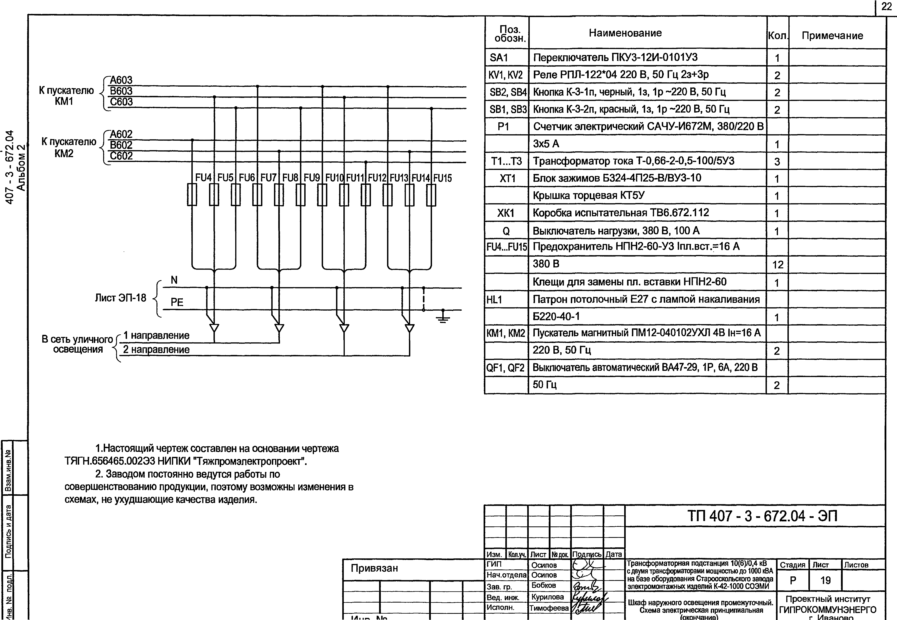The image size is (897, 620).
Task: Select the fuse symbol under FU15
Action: pyautogui.click(x=431, y=195)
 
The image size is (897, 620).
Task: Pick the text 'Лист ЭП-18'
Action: pyautogui.click(x=121, y=298)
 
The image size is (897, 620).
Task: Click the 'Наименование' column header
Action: pyautogui.click(x=625, y=33)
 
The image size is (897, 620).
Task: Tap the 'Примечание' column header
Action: pyautogui.click(x=832, y=36)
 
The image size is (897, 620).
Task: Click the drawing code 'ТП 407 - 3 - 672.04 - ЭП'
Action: pyautogui.click(x=762, y=516)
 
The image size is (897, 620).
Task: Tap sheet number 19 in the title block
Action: pyautogui.click(x=825, y=580)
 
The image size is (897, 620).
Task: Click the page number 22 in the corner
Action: pyautogui.click(x=887, y=7)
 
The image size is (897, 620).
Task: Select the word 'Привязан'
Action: pyautogui.click(x=374, y=568)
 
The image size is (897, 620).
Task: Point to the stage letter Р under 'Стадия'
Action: pyautogui.click(x=793, y=580)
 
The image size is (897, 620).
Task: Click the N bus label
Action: pyautogui.click(x=174, y=280)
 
